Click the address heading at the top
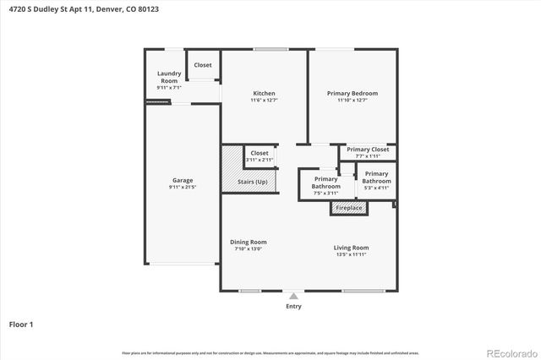pyautogui.click(x=83, y=9)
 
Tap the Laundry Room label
pyautogui.click(x=169, y=77)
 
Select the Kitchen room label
pyautogui.click(x=265, y=93)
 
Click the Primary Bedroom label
pyautogui.click(x=352, y=93)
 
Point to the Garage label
pyautogui.click(x=183, y=180)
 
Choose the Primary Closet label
pyautogui.click(x=368, y=149)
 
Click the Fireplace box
pyautogui.click(x=349, y=208)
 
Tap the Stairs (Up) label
pyautogui.click(x=252, y=182)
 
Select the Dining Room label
pyautogui.click(x=248, y=243)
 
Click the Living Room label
pyautogui.click(x=351, y=248)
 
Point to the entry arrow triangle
pyautogui.click(x=293, y=296)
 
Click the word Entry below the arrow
pyautogui.click(x=293, y=306)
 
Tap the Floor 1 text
pyautogui.click(x=22, y=324)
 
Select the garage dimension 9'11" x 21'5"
pyautogui.click(x=183, y=188)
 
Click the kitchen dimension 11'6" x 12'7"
pyautogui.click(x=265, y=101)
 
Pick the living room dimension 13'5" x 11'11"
pyautogui.click(x=351, y=255)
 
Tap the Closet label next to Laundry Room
pyautogui.click(x=203, y=65)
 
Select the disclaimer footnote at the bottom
pyautogui.click(x=270, y=352)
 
